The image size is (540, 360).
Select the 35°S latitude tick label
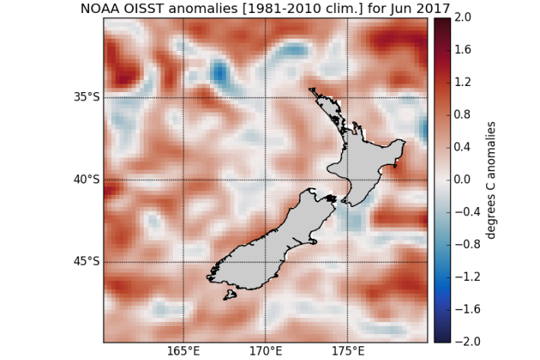point(87,97)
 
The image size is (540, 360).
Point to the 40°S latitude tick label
point(87,180)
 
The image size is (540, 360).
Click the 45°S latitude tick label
point(87,262)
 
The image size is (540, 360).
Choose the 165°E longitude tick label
point(184,352)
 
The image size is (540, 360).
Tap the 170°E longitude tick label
point(266,352)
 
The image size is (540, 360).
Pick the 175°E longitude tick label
point(348,352)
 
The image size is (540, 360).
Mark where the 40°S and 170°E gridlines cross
point(266,180)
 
